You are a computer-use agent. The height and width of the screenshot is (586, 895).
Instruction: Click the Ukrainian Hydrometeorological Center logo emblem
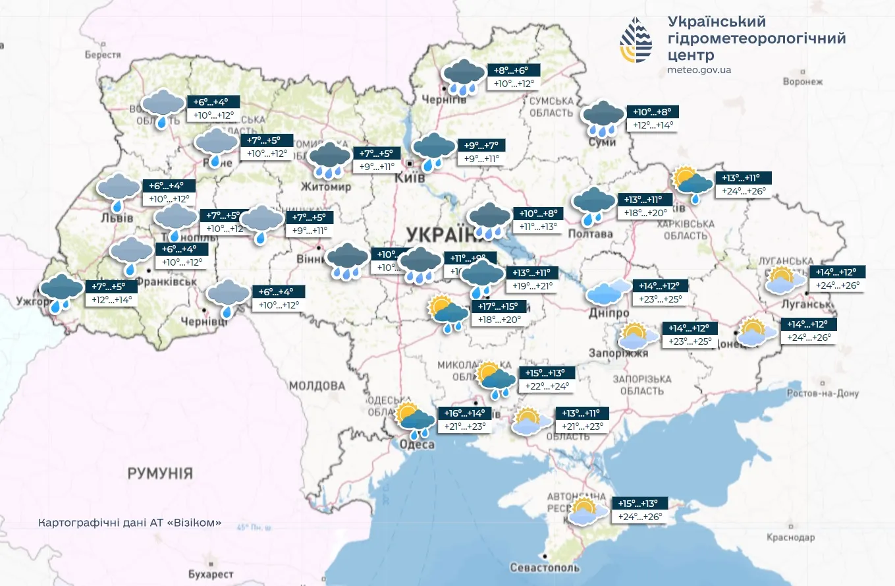pyautogui.click(x=636, y=40)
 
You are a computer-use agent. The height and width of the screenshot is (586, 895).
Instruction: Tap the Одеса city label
pyautogui.click(x=417, y=445)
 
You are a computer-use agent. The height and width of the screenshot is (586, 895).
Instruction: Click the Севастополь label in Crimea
pyautogui.click(x=545, y=568)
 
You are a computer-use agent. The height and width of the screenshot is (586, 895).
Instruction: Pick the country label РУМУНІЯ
pyautogui.click(x=160, y=473)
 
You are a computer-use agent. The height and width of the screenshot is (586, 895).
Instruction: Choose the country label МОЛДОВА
pyautogui.click(x=317, y=386)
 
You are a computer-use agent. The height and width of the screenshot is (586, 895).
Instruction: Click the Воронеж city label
pyautogui.click(x=803, y=82)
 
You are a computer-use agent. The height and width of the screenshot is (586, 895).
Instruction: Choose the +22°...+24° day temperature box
pyautogui.click(x=547, y=386)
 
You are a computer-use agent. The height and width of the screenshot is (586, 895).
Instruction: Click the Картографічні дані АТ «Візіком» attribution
pyautogui.click(x=130, y=523)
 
